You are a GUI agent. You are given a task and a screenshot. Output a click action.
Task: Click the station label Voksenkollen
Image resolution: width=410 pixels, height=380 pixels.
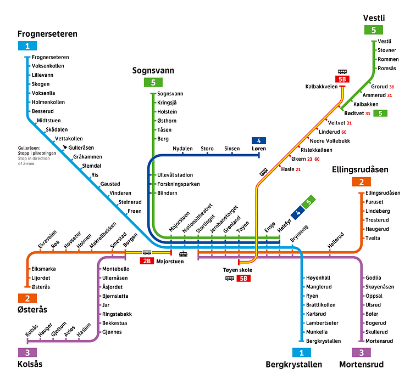coord(48,66)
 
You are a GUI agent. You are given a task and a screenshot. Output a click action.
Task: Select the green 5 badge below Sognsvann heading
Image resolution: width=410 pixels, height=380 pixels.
coord(153,83)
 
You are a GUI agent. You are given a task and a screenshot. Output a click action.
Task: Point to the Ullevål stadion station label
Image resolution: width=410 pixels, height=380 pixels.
coord(175,175)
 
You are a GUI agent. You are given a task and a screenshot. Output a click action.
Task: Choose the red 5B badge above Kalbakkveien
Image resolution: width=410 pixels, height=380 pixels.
coord(342,79)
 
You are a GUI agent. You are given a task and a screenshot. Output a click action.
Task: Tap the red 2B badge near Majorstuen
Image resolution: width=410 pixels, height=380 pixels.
coord(147,261)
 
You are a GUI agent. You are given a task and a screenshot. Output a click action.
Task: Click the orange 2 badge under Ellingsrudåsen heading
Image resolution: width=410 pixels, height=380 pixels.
coord(362,182)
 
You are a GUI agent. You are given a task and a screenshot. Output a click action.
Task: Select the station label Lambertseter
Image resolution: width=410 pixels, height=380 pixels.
coord(322,323)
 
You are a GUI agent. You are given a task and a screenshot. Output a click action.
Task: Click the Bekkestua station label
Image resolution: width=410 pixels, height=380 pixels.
coord(115,323)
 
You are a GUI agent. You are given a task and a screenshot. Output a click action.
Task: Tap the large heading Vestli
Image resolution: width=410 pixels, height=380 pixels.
coord(374,19)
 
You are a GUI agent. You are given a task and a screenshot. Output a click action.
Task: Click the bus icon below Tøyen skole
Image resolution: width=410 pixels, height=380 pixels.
coord(229,279)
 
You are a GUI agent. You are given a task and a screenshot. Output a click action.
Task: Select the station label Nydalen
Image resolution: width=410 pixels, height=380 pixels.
coord(182,149)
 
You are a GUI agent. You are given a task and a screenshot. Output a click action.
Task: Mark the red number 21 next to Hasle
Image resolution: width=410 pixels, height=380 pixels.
coord(298,169)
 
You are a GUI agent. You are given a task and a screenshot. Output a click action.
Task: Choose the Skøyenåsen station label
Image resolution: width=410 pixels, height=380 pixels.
coord(380,287)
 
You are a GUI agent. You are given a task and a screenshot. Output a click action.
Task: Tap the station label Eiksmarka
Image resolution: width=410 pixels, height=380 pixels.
coord(44,269)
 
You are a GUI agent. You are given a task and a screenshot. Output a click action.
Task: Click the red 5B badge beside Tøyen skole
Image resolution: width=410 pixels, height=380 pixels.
coord(243,279)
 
